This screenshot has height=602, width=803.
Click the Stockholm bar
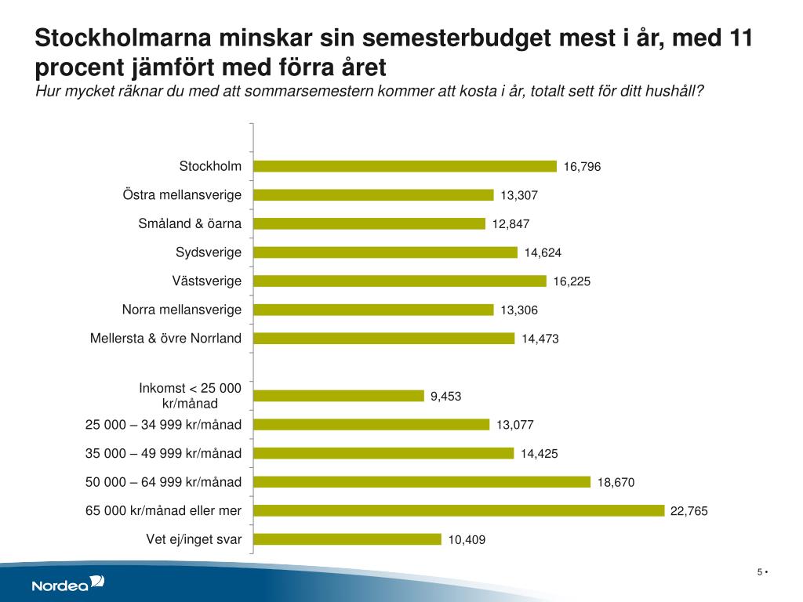[405, 166]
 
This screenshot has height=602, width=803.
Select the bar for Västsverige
[400, 281]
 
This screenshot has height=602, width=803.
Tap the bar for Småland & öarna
[369, 223]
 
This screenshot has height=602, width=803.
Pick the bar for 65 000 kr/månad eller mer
[459, 510]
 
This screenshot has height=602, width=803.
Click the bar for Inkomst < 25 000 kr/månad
[339, 396]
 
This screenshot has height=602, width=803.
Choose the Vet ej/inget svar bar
[347, 539]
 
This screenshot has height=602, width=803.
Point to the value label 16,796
[582, 167]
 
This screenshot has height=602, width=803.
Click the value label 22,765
[689, 511]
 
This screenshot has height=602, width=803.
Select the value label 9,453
[445, 397]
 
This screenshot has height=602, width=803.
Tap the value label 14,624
[543, 252]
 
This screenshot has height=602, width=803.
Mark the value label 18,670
[616, 483]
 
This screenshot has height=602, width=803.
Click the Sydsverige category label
[208, 252]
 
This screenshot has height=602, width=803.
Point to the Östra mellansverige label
[182, 194]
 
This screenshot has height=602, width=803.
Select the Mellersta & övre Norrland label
[166, 338]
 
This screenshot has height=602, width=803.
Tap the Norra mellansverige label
[182, 310]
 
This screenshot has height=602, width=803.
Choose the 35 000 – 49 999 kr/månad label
[163, 453]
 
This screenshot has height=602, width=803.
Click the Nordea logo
[67, 582]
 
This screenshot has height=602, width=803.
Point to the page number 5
[759, 571]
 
